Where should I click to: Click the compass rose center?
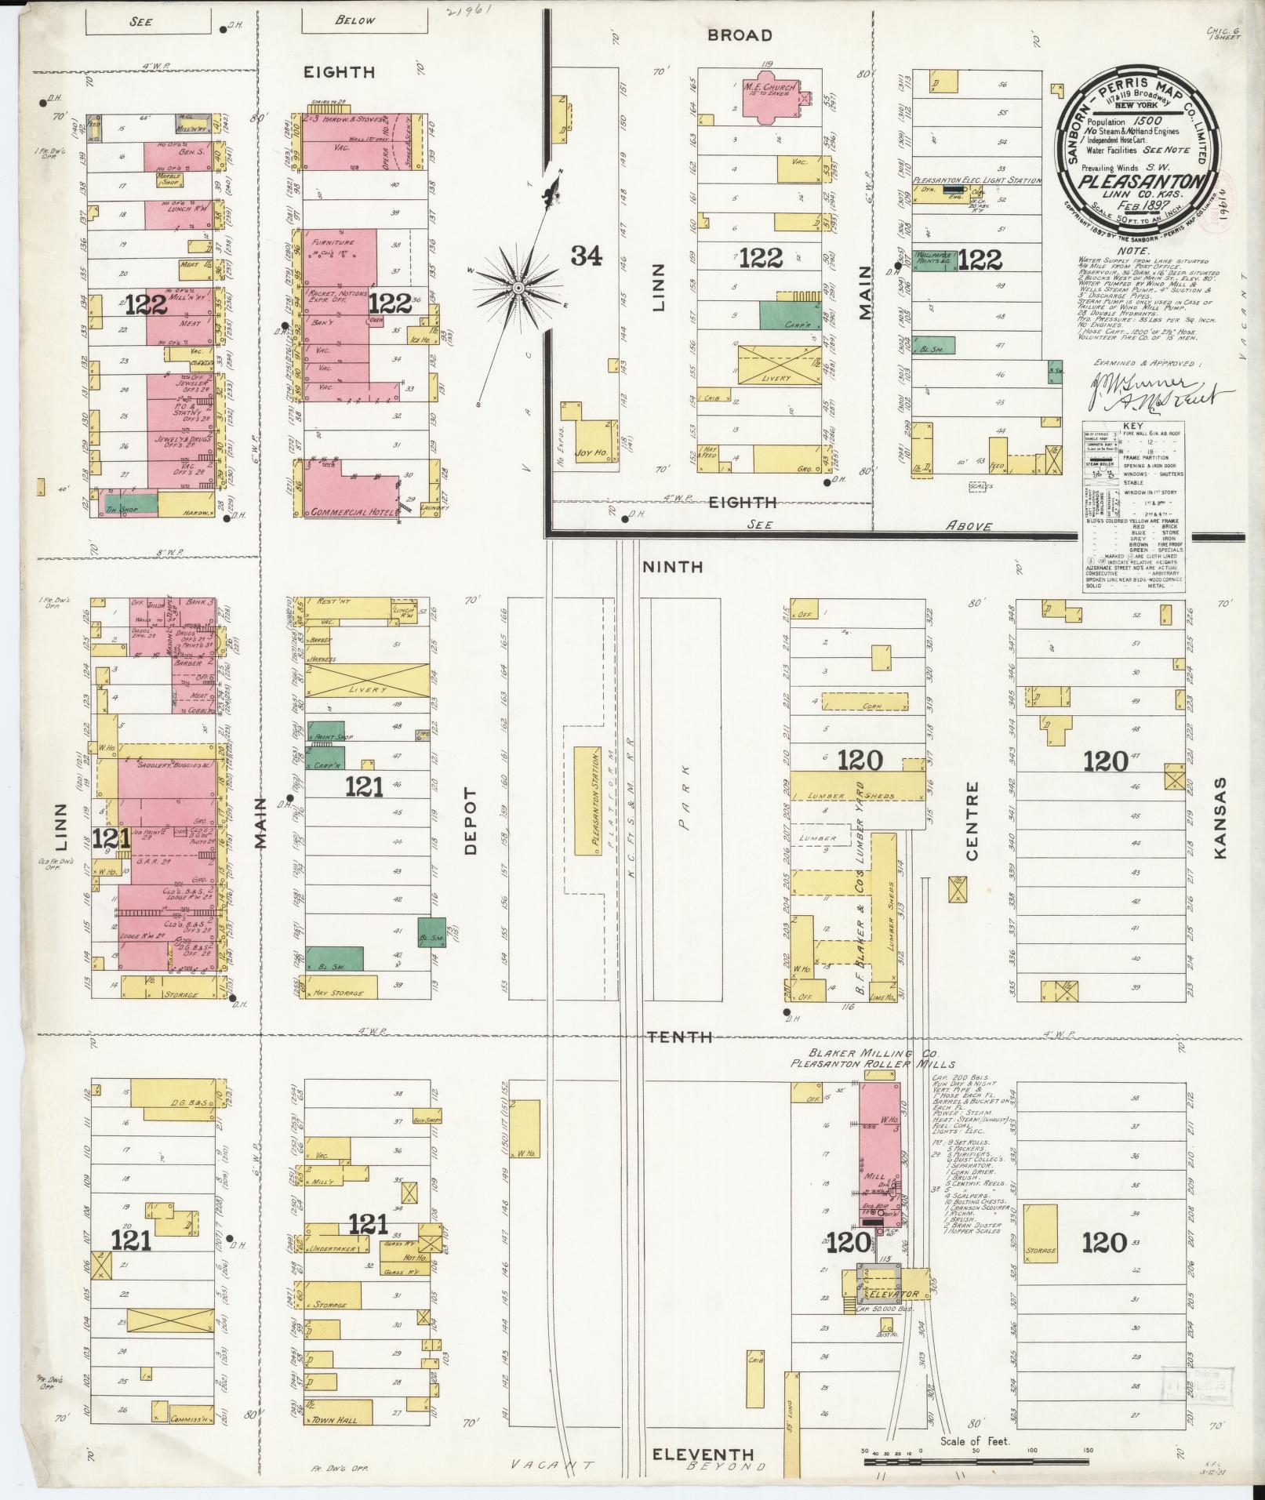coord(518,289)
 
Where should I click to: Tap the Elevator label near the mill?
coord(893,1294)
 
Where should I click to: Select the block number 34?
coord(587,256)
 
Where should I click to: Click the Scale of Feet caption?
coord(976,1441)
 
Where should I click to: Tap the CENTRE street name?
coord(973,821)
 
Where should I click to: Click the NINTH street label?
coord(674,566)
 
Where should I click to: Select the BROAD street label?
coord(739,35)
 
